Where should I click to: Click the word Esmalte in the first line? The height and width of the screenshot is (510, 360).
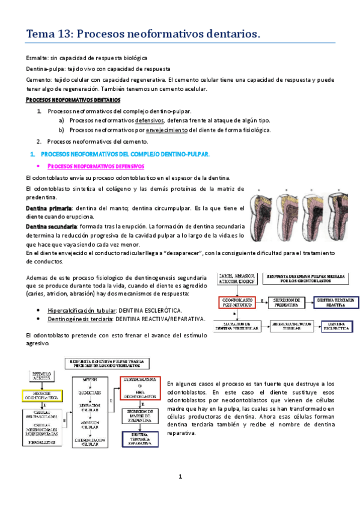click(37, 58)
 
